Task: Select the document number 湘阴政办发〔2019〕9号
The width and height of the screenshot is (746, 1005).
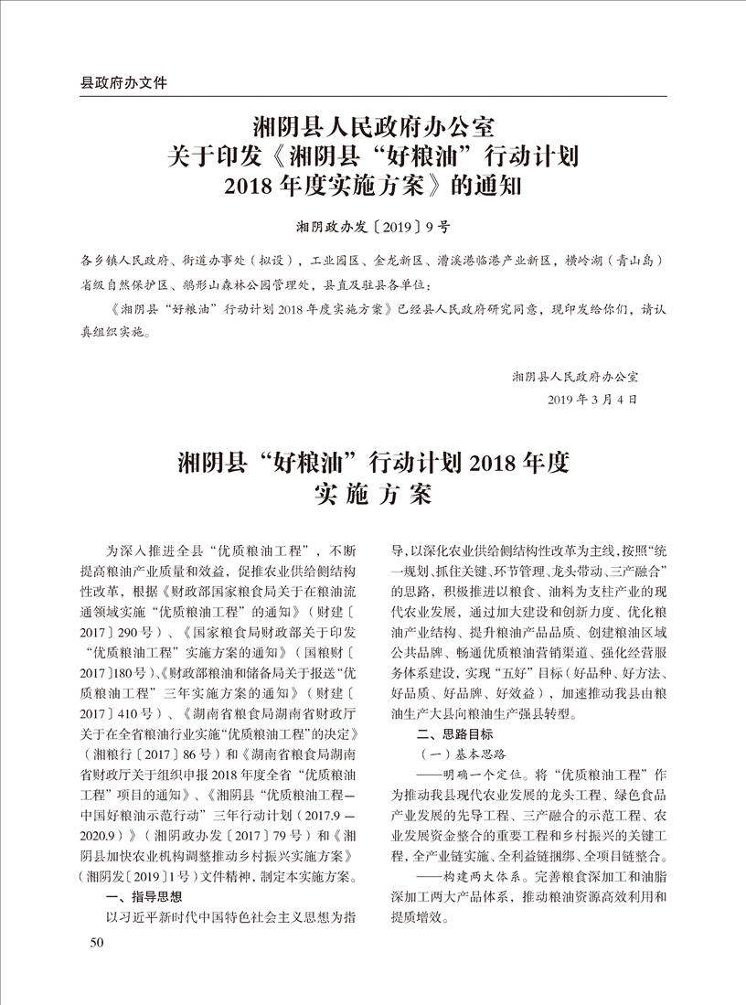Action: pyautogui.click(x=372, y=224)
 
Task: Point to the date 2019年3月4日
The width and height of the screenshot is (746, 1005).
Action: pyautogui.click(x=590, y=400)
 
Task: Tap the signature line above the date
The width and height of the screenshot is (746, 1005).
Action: pyautogui.click(x=575, y=376)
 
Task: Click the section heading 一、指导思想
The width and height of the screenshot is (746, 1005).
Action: pyautogui.click(x=145, y=896)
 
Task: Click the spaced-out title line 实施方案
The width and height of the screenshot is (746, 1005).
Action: pyautogui.click(x=372, y=497)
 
